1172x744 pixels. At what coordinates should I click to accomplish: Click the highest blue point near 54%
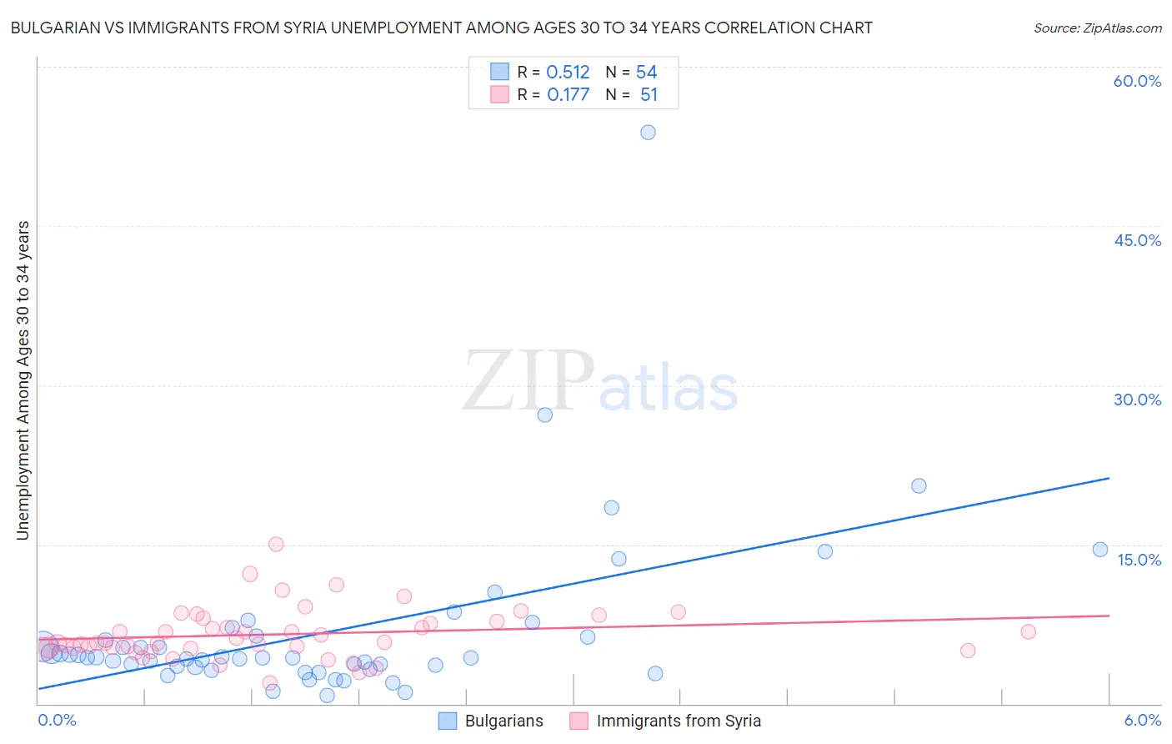coord(648,133)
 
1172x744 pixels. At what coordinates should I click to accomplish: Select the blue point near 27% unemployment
coord(545,415)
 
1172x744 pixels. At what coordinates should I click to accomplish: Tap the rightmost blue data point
coord(1100,549)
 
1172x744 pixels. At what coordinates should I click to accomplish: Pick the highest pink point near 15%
coord(276,544)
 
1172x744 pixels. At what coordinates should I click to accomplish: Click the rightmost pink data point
coord(1028,631)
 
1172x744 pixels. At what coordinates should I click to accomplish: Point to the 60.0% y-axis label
coord(1137,81)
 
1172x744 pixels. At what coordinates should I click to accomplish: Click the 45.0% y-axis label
coord(1137,240)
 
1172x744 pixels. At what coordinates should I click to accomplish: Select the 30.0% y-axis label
coord(1137,400)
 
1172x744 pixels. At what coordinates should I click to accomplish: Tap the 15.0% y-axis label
coord(1139,560)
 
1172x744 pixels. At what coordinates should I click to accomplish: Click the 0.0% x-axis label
coord(57,721)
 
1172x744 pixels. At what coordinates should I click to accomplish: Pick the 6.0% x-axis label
coord(1143,721)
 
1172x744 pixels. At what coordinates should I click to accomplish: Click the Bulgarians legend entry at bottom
coord(503,721)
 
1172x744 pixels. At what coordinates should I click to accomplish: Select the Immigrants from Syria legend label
coord(679,721)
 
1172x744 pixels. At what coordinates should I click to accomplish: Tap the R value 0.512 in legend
coord(568,73)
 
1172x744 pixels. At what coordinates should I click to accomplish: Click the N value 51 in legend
coord(649,95)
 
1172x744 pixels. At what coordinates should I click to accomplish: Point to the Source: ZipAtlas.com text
coord(1097,28)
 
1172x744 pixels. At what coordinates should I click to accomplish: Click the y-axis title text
coord(23,380)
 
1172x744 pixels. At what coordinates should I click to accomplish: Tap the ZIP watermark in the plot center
coord(528,380)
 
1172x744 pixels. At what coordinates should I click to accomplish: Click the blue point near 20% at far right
coord(919,485)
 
